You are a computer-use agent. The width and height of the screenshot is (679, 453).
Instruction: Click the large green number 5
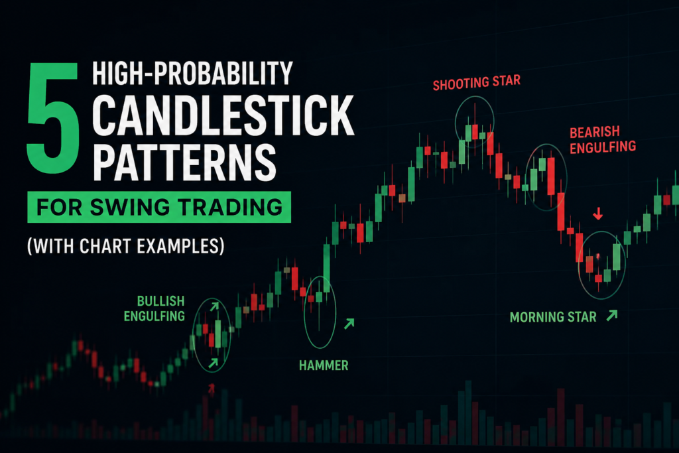click(53, 118)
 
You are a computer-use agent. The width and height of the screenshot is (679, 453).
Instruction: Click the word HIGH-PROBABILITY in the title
click(193, 73)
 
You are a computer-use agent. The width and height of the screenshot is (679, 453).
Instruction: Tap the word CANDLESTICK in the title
click(223, 115)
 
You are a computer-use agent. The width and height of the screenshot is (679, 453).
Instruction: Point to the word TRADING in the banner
click(231, 207)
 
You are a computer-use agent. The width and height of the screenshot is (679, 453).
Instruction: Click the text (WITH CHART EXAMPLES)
click(126, 246)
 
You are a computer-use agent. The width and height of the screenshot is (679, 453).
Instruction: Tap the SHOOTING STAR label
click(476, 82)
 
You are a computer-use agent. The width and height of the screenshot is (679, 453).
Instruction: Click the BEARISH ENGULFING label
click(602, 140)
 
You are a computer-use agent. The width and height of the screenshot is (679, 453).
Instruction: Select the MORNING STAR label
click(553, 318)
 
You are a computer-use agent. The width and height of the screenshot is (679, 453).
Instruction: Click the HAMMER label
click(324, 365)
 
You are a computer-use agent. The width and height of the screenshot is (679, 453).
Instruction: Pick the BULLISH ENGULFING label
click(154, 308)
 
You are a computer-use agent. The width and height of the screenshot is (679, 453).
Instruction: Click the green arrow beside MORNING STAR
click(612, 315)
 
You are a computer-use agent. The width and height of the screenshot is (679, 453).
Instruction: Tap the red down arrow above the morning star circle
click(598, 213)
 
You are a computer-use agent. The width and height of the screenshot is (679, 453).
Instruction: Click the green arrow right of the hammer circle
click(349, 324)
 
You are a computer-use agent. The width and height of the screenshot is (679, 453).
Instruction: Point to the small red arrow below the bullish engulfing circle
click(212, 389)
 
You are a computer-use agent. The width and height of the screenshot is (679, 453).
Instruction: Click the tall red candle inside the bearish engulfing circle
click(551, 176)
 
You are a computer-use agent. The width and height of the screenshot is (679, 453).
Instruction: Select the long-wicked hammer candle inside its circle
click(319, 303)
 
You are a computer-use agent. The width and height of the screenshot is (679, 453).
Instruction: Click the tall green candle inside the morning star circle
click(617, 257)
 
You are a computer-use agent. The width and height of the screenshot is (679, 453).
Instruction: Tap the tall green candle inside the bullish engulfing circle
click(218, 334)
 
